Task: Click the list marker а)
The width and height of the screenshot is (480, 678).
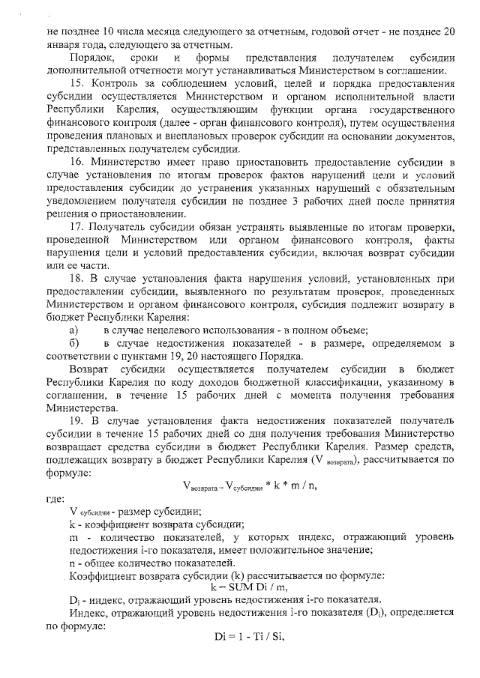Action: point(73,330)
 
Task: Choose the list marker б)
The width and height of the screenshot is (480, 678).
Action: point(73,343)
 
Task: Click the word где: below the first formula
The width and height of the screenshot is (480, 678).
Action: point(54,498)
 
